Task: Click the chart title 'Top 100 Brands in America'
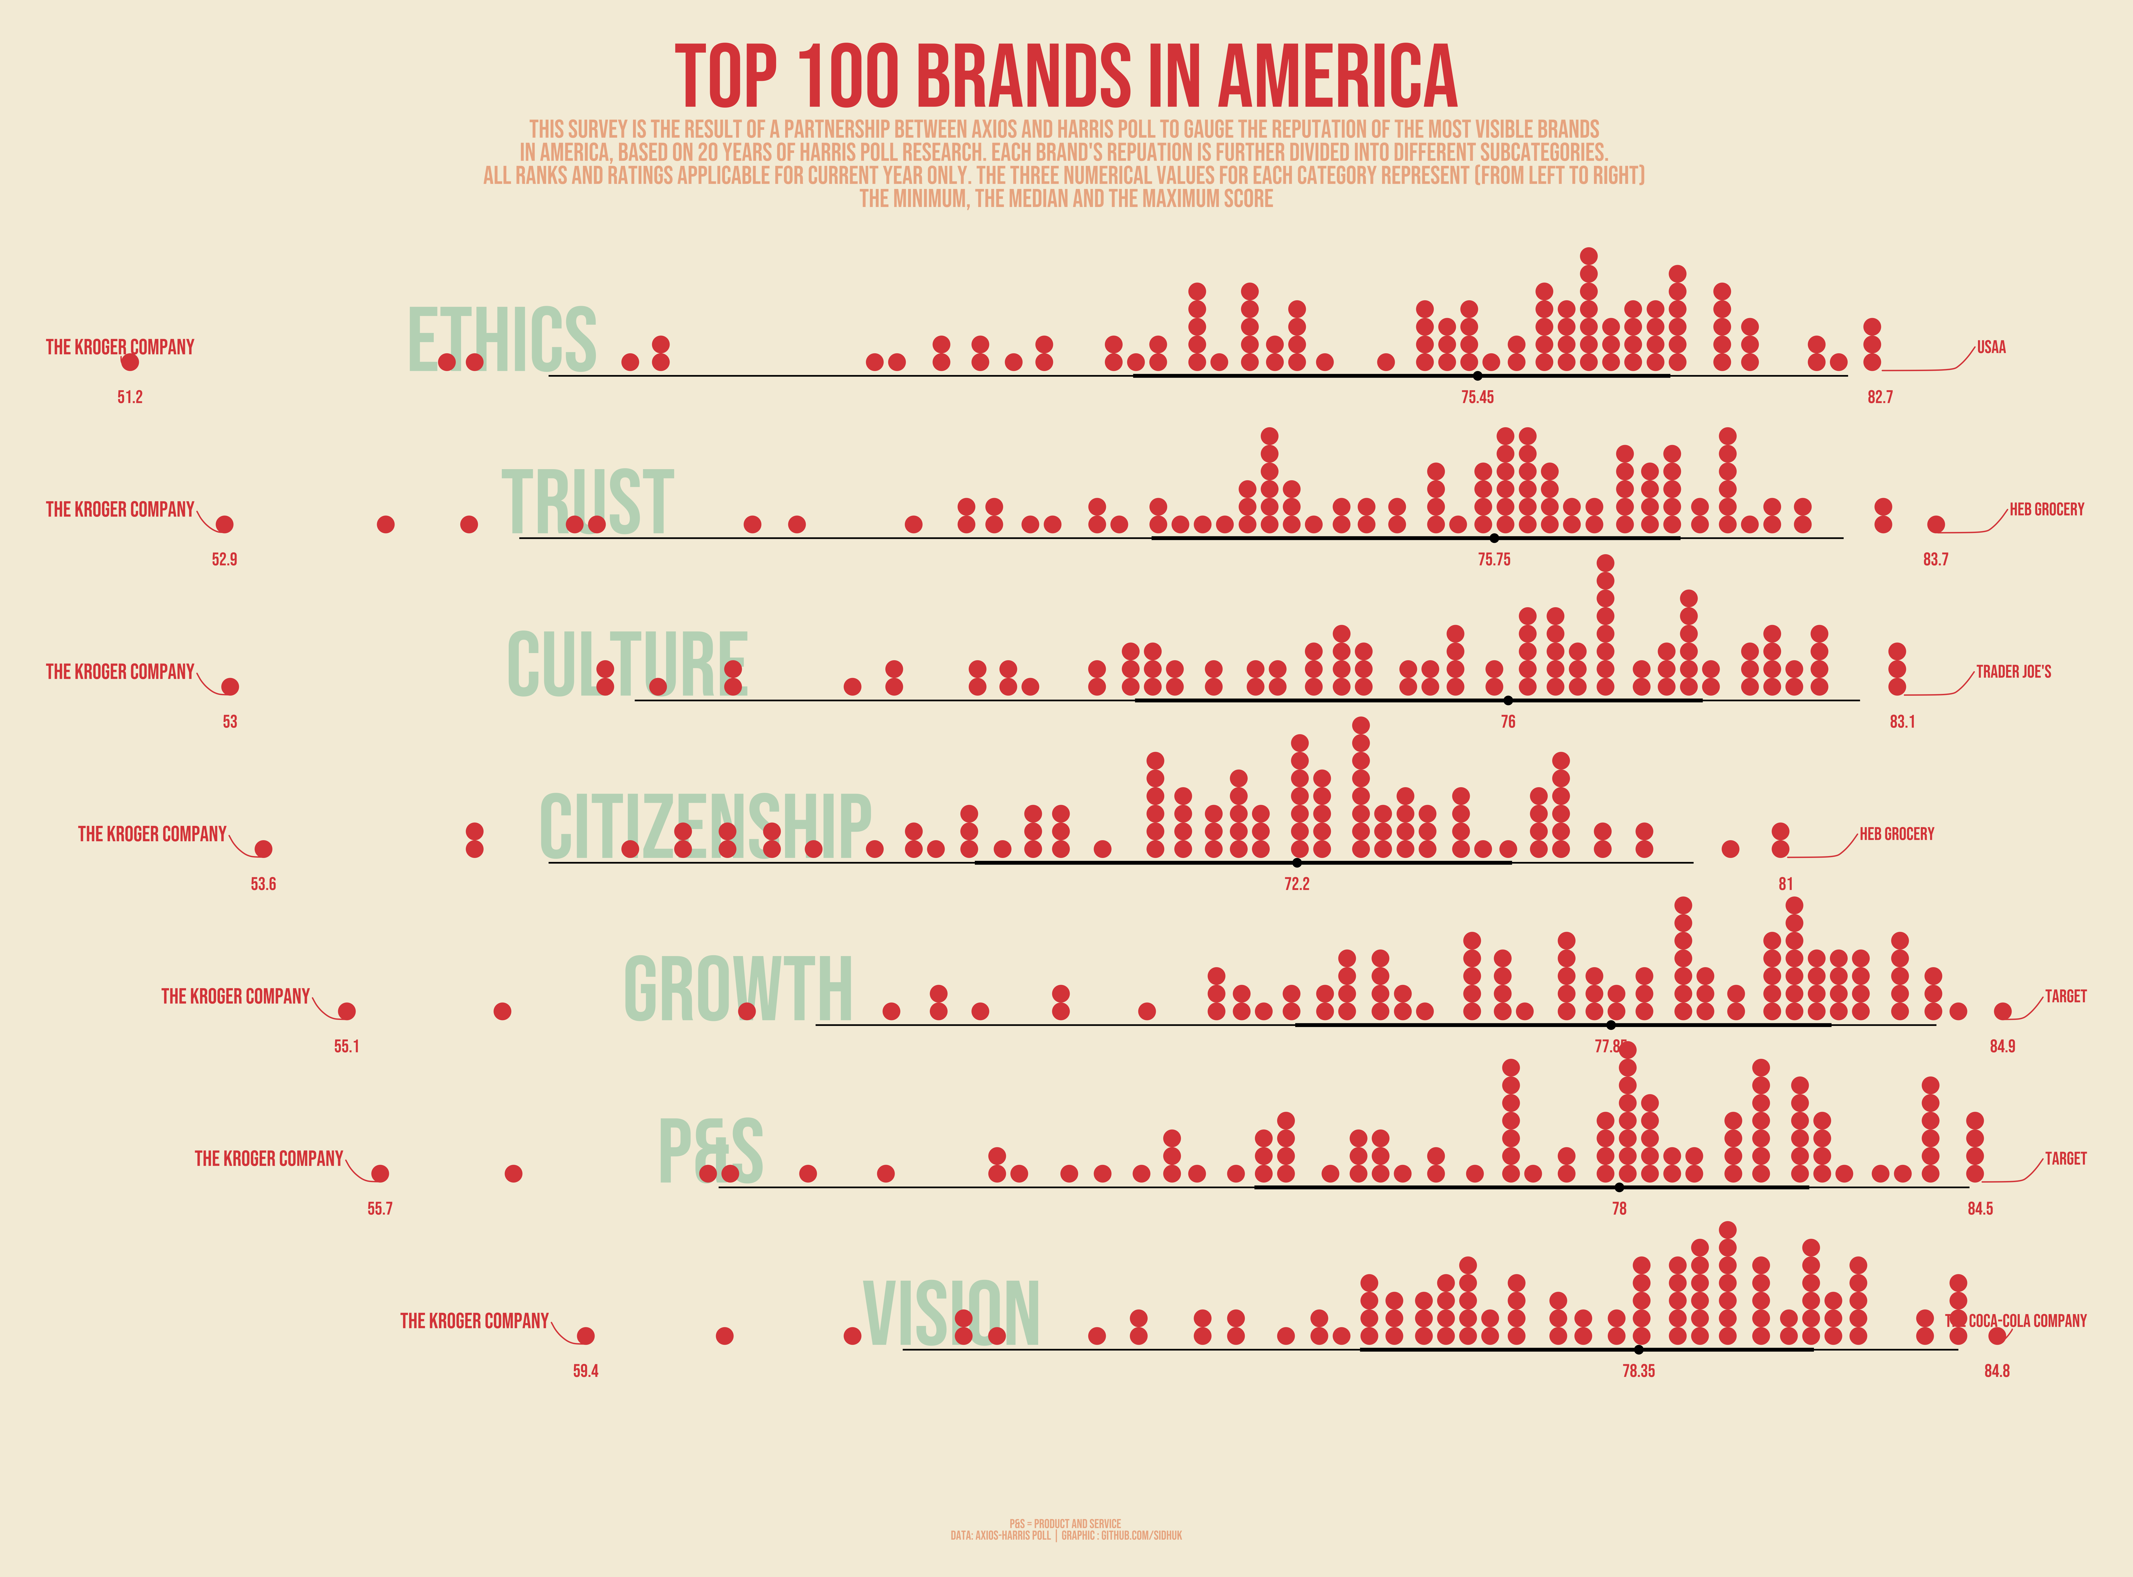tap(1066, 76)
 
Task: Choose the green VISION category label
tap(952, 1315)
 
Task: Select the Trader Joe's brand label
tap(2014, 672)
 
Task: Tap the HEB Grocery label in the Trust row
tap(2047, 510)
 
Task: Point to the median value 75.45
tap(1477, 397)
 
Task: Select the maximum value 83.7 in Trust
tap(1935, 560)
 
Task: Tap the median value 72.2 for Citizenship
tap(1297, 884)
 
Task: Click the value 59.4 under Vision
tap(586, 1371)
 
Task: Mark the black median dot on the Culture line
tap(1508, 701)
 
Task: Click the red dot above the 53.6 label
tap(263, 849)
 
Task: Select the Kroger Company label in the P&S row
tap(268, 1159)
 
